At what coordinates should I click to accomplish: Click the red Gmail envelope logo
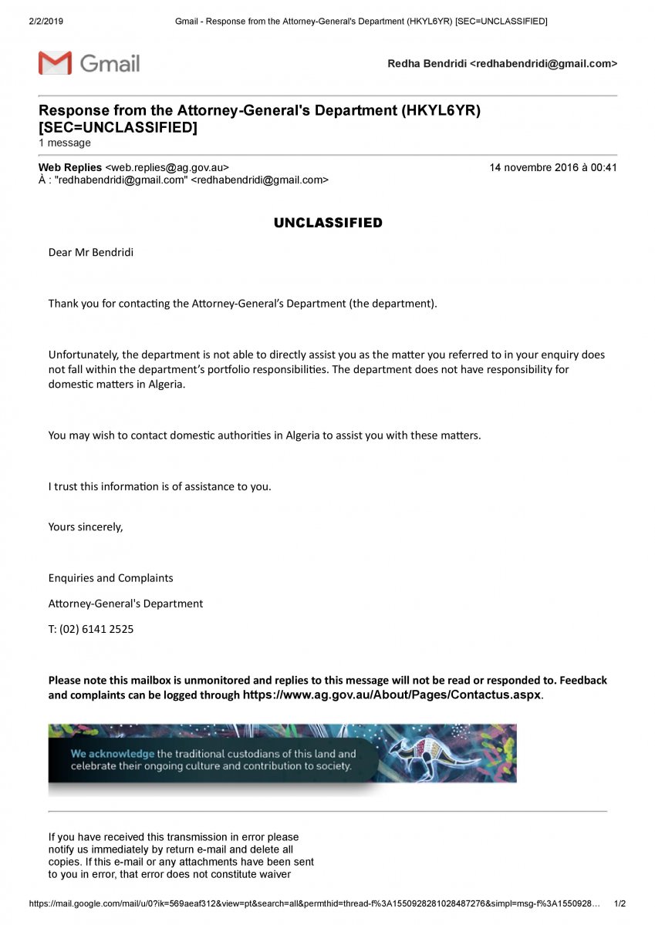click(55, 62)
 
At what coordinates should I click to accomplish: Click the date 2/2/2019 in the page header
click(46, 21)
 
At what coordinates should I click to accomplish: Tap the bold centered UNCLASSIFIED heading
click(328, 223)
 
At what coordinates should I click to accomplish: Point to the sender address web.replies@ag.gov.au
click(167, 167)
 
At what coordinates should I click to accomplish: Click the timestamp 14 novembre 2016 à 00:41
click(552, 167)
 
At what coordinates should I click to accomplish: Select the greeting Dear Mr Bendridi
click(91, 252)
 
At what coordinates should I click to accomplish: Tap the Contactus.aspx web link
click(393, 694)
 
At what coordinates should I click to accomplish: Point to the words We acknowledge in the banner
click(112, 754)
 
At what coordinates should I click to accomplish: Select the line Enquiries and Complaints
click(110, 578)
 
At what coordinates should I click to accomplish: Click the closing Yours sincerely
click(86, 527)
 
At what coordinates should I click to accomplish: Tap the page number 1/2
click(620, 903)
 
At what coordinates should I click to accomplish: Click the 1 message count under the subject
click(65, 143)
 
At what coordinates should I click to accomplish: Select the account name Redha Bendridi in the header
click(427, 64)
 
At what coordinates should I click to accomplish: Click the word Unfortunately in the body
click(83, 355)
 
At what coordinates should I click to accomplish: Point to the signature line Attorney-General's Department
click(126, 604)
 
